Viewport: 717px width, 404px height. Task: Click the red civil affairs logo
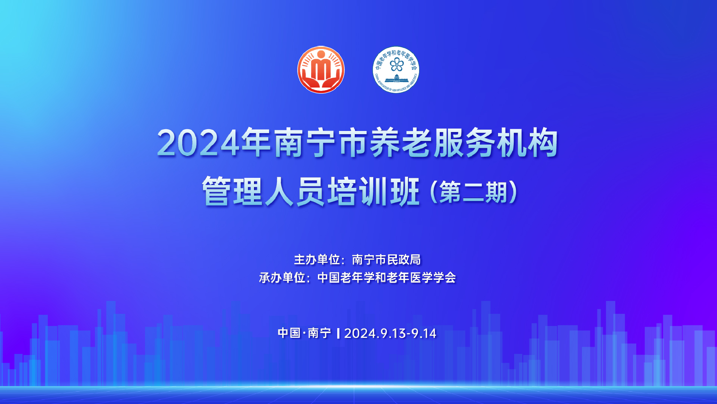click(321, 70)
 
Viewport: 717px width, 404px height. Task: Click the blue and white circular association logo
click(396, 70)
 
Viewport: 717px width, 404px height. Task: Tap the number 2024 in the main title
click(198, 143)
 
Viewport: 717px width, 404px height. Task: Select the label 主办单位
click(317, 260)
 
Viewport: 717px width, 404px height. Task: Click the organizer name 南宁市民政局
click(386, 260)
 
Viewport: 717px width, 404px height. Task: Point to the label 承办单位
click(282, 278)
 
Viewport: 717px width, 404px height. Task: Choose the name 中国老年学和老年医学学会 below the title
click(387, 278)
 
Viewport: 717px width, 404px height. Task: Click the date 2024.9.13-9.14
click(390, 334)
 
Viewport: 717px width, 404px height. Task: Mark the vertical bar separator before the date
click(338, 334)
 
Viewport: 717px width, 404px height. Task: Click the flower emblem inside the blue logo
click(397, 65)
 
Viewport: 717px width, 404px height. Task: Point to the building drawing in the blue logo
click(397, 78)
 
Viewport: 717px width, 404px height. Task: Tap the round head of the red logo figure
click(321, 54)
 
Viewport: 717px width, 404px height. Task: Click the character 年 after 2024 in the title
click(255, 143)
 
